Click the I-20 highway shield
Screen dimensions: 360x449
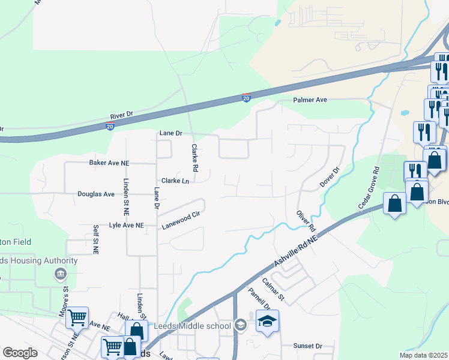point(246,98)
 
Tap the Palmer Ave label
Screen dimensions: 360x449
point(310,100)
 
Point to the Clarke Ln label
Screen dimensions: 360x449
point(175,181)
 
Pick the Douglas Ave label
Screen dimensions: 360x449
point(96,194)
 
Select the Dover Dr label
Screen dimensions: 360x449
point(330,176)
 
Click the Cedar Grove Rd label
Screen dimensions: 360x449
point(369,187)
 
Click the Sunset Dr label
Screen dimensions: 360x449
point(307,346)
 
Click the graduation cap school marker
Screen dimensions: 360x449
point(267,322)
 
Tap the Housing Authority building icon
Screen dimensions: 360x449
point(60,275)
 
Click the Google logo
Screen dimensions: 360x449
point(20,353)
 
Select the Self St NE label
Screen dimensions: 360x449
point(95,238)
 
